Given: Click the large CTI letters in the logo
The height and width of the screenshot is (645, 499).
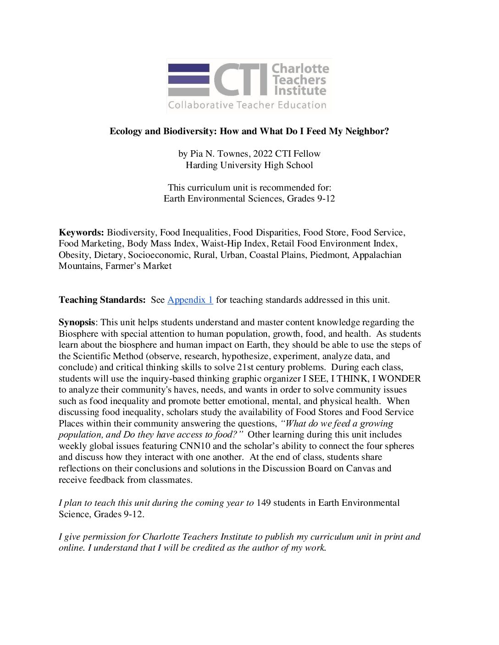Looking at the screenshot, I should click(x=240, y=80).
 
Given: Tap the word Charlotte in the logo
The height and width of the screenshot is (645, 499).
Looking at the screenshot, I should click(x=300, y=69).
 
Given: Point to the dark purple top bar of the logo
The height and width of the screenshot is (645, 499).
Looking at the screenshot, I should click(x=189, y=68).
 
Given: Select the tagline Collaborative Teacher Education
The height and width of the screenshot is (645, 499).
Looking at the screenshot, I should click(x=247, y=105).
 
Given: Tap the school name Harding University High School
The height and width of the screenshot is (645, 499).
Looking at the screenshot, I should click(x=249, y=165).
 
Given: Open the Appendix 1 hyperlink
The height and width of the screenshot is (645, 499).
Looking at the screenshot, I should click(x=190, y=300).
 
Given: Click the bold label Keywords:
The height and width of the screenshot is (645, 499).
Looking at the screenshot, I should click(x=81, y=233).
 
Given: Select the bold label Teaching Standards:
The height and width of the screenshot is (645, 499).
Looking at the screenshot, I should click(x=102, y=300).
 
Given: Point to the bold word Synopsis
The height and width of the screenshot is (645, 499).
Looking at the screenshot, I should click(x=77, y=322).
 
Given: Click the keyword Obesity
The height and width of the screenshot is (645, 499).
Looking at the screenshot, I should click(x=74, y=255).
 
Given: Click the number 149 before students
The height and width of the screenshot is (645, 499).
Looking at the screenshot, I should click(x=263, y=503).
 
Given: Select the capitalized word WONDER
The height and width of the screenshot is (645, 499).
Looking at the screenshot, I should click(x=399, y=379).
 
